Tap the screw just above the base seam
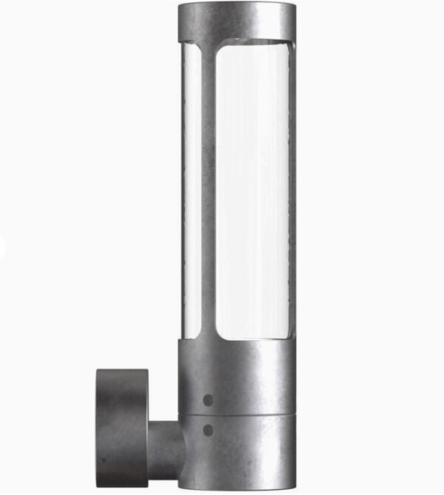(208, 399)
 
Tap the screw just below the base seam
(208, 429)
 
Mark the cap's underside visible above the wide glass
(252, 43)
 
